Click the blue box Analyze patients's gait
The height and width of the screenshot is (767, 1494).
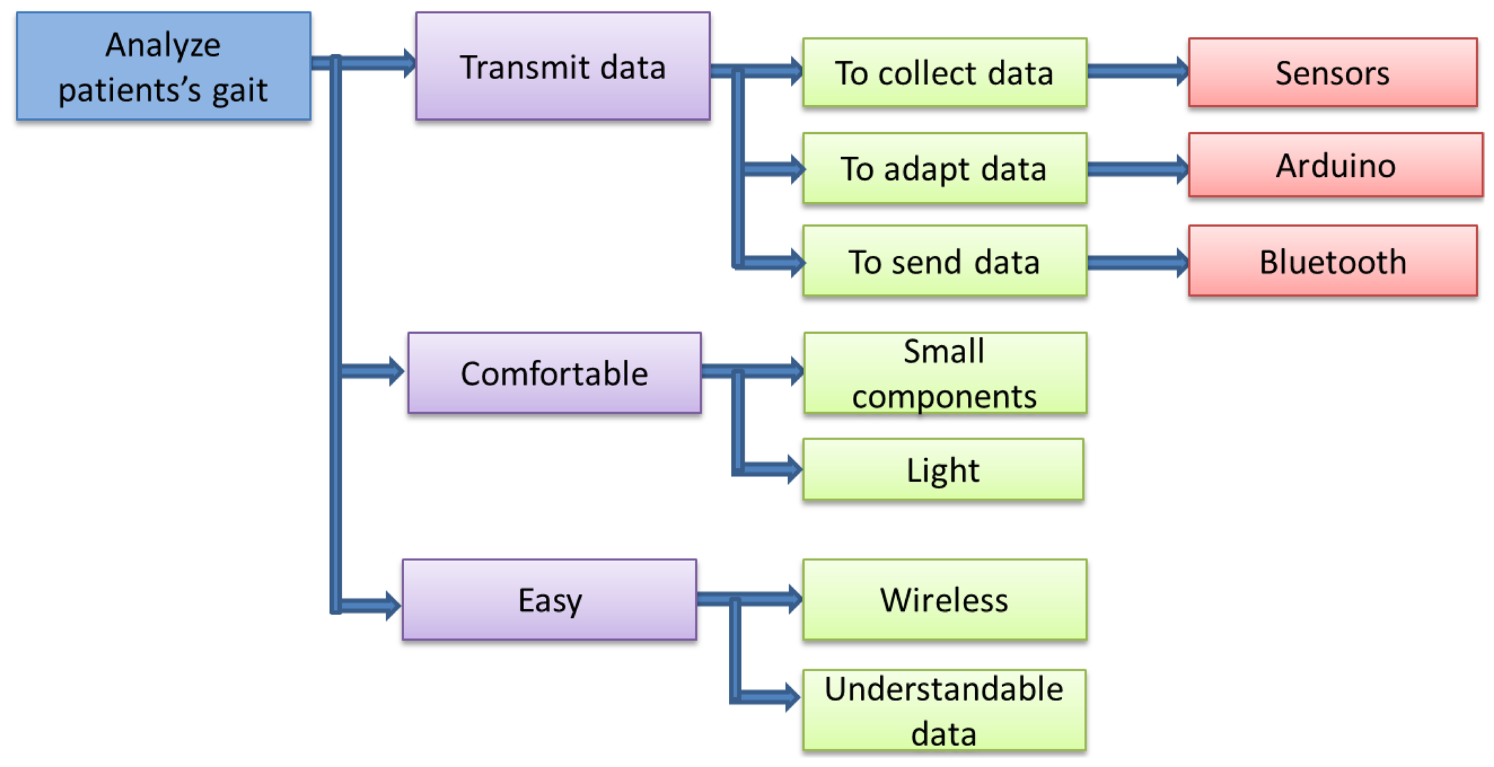(x=163, y=66)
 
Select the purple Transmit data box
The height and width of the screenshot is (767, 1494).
(x=562, y=66)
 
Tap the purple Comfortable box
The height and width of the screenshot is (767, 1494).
(x=554, y=373)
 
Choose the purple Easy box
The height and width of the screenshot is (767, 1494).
(x=549, y=599)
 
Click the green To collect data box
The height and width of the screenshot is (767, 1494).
(x=944, y=73)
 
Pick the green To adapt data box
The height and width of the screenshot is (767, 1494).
(x=944, y=168)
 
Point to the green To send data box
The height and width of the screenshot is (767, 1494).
(x=944, y=261)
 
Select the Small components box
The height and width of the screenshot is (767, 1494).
(x=945, y=374)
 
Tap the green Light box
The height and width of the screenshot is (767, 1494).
(x=943, y=470)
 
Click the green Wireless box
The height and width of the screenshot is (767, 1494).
(x=944, y=599)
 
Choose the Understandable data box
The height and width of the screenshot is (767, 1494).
(x=944, y=710)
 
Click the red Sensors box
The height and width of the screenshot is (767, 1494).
(x=1332, y=73)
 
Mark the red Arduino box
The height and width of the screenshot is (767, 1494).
(x=1335, y=165)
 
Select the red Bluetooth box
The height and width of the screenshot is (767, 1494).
(x=1332, y=261)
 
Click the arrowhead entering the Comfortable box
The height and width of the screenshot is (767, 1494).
(x=395, y=371)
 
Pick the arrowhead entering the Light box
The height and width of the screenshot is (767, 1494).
(x=794, y=469)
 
